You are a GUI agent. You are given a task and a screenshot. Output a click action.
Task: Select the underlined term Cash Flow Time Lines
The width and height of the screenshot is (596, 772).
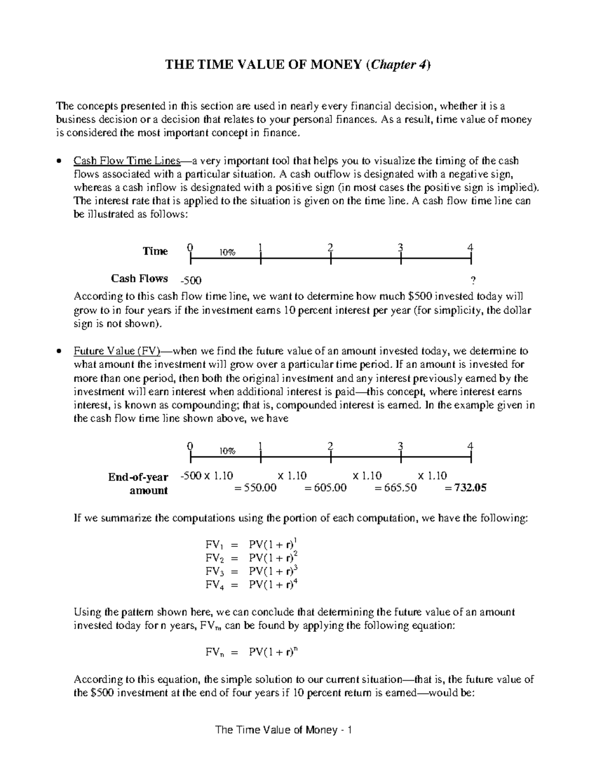point(125,161)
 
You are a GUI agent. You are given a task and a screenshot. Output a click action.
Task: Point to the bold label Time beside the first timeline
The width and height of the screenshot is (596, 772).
point(155,251)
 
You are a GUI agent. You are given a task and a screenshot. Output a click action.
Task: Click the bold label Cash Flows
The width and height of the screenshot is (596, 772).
point(139,278)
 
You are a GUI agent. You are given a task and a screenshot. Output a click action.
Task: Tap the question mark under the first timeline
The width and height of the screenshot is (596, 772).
point(472,280)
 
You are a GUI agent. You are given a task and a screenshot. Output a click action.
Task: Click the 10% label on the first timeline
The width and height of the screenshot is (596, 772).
point(227,253)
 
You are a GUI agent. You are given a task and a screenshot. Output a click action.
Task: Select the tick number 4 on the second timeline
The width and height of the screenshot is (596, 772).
point(470,446)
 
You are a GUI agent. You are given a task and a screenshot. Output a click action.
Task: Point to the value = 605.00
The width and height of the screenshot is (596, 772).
point(325,488)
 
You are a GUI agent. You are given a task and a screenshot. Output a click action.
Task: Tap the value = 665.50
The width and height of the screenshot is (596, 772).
point(395,488)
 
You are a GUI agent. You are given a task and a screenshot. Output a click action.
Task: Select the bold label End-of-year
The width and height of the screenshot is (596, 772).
point(138,477)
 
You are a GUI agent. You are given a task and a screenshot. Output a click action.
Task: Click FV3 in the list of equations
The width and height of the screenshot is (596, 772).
point(212,571)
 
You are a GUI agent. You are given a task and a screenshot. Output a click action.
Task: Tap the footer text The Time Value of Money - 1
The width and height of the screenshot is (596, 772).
point(283,730)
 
